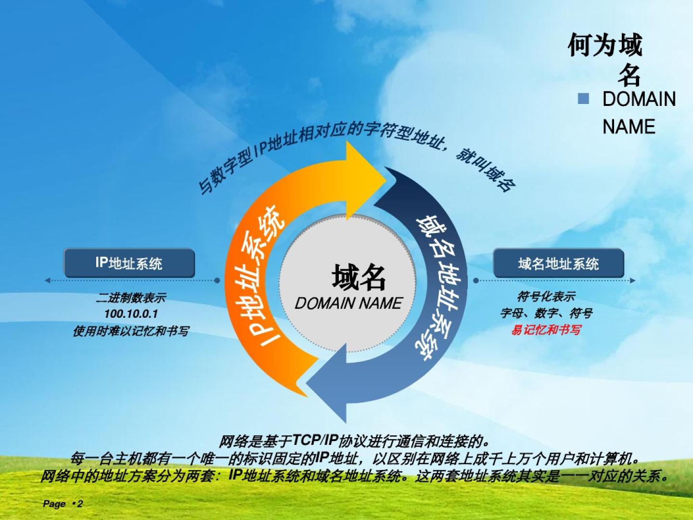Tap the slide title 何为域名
[x=605, y=60]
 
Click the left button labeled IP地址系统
[x=129, y=263]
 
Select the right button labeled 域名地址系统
[x=559, y=263]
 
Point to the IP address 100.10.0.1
[x=131, y=314]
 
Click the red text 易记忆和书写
[x=546, y=330]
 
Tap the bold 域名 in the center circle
[x=359, y=277]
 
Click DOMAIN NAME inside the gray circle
[x=348, y=303]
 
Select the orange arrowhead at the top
[x=366, y=181]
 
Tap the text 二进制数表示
[x=131, y=298]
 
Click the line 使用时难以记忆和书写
[x=131, y=331]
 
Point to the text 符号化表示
[x=546, y=297]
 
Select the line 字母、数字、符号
[x=546, y=313]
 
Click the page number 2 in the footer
[x=80, y=504]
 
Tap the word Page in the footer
[x=54, y=504]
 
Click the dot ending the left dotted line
[x=217, y=280]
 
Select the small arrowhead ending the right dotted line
[x=632, y=280]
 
